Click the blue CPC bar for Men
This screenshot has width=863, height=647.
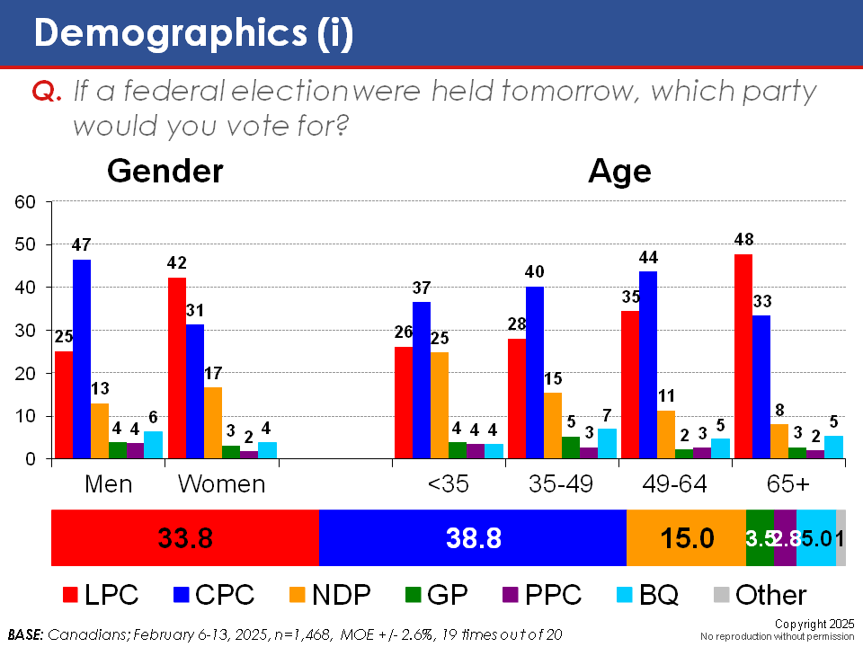[x=82, y=359]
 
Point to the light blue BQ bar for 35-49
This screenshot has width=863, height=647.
[x=608, y=443]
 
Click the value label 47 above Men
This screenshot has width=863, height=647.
[x=82, y=244]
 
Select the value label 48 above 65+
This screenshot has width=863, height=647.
[x=743, y=240]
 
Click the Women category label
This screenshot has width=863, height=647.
[x=221, y=483]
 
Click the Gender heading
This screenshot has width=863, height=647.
[x=165, y=171]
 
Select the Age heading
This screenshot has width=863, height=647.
[x=619, y=171]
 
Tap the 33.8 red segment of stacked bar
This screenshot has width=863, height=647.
[x=185, y=538]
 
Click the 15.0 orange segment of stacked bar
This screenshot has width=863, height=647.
[x=686, y=538]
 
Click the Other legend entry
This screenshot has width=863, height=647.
[x=761, y=595]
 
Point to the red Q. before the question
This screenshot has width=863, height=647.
[x=46, y=93]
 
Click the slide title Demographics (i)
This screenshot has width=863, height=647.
[x=193, y=33]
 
